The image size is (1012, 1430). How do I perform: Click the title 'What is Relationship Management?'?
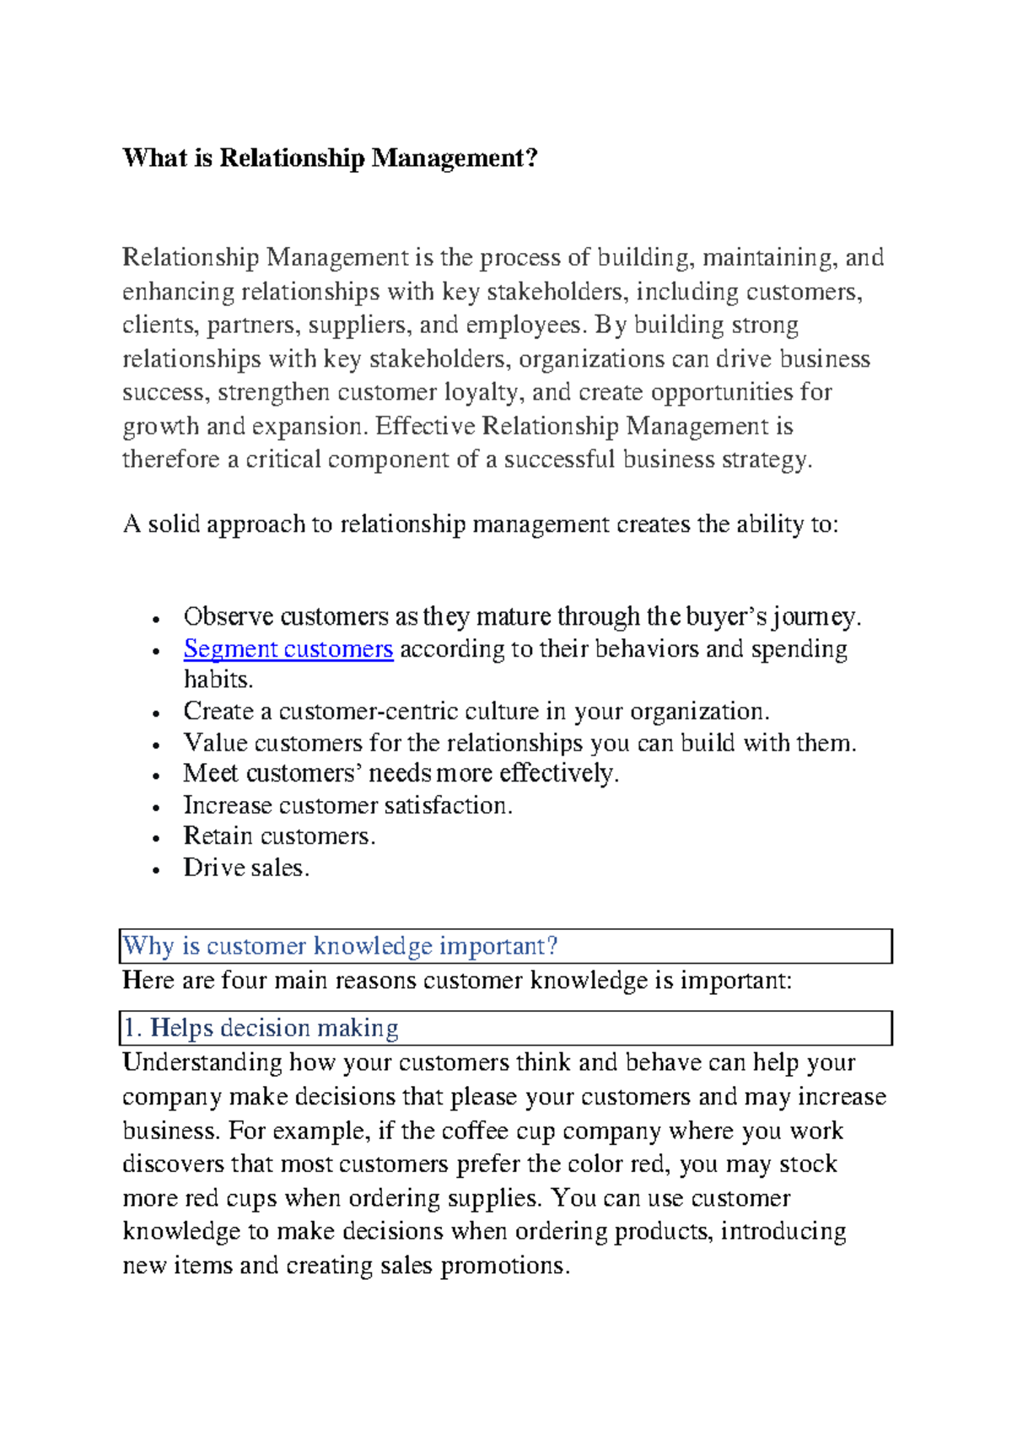(x=329, y=159)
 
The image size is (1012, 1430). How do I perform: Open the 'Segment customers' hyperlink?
(x=288, y=649)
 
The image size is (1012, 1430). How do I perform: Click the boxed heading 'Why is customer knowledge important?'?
(x=340, y=946)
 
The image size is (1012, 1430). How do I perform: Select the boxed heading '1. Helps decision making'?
(x=261, y=1028)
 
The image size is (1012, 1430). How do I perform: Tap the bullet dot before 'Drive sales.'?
(x=156, y=870)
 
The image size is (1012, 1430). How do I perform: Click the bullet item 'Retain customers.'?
(x=279, y=836)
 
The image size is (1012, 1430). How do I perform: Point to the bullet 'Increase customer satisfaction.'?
(x=347, y=805)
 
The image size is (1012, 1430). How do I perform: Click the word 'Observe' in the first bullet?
(x=228, y=616)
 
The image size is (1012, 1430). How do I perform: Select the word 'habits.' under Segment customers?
(x=218, y=680)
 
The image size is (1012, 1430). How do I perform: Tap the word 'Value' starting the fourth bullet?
(x=214, y=743)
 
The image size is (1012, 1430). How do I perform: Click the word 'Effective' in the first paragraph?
(x=425, y=426)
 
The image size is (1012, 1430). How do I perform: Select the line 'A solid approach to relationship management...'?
(x=480, y=524)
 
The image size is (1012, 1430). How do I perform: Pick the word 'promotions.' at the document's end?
(x=505, y=1266)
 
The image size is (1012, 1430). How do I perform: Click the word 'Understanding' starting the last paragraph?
(x=202, y=1062)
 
